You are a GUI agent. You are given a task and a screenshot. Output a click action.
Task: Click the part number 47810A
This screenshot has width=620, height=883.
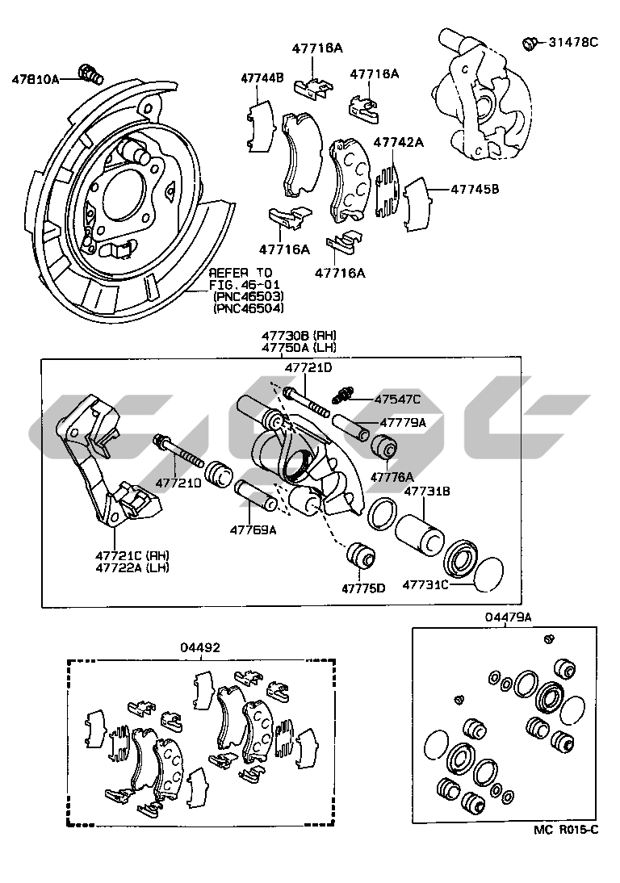[36, 79]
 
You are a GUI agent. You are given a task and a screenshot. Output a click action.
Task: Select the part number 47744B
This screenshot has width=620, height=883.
[262, 78]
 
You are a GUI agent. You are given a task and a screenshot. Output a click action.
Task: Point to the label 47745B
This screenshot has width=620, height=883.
[475, 189]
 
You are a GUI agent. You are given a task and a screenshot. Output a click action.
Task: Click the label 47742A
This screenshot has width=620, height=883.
[398, 142]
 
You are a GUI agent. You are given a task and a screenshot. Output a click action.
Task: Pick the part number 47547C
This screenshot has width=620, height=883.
[396, 399]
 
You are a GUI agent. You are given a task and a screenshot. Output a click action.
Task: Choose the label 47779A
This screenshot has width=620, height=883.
[402, 422]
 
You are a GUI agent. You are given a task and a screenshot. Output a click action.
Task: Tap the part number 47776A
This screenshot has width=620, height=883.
[392, 477]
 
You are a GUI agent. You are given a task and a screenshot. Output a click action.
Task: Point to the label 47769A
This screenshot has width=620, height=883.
[253, 530]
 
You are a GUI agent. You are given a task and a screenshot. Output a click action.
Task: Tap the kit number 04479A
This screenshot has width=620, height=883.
[507, 617]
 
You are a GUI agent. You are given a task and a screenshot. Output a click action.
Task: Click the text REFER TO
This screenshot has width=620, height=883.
[241, 273]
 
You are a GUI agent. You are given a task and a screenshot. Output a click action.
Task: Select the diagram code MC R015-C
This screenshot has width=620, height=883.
[566, 830]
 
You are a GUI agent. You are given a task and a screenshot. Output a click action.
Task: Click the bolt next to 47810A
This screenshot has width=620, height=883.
[90, 73]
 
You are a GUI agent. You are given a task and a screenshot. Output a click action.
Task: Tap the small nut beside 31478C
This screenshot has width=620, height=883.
[530, 43]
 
